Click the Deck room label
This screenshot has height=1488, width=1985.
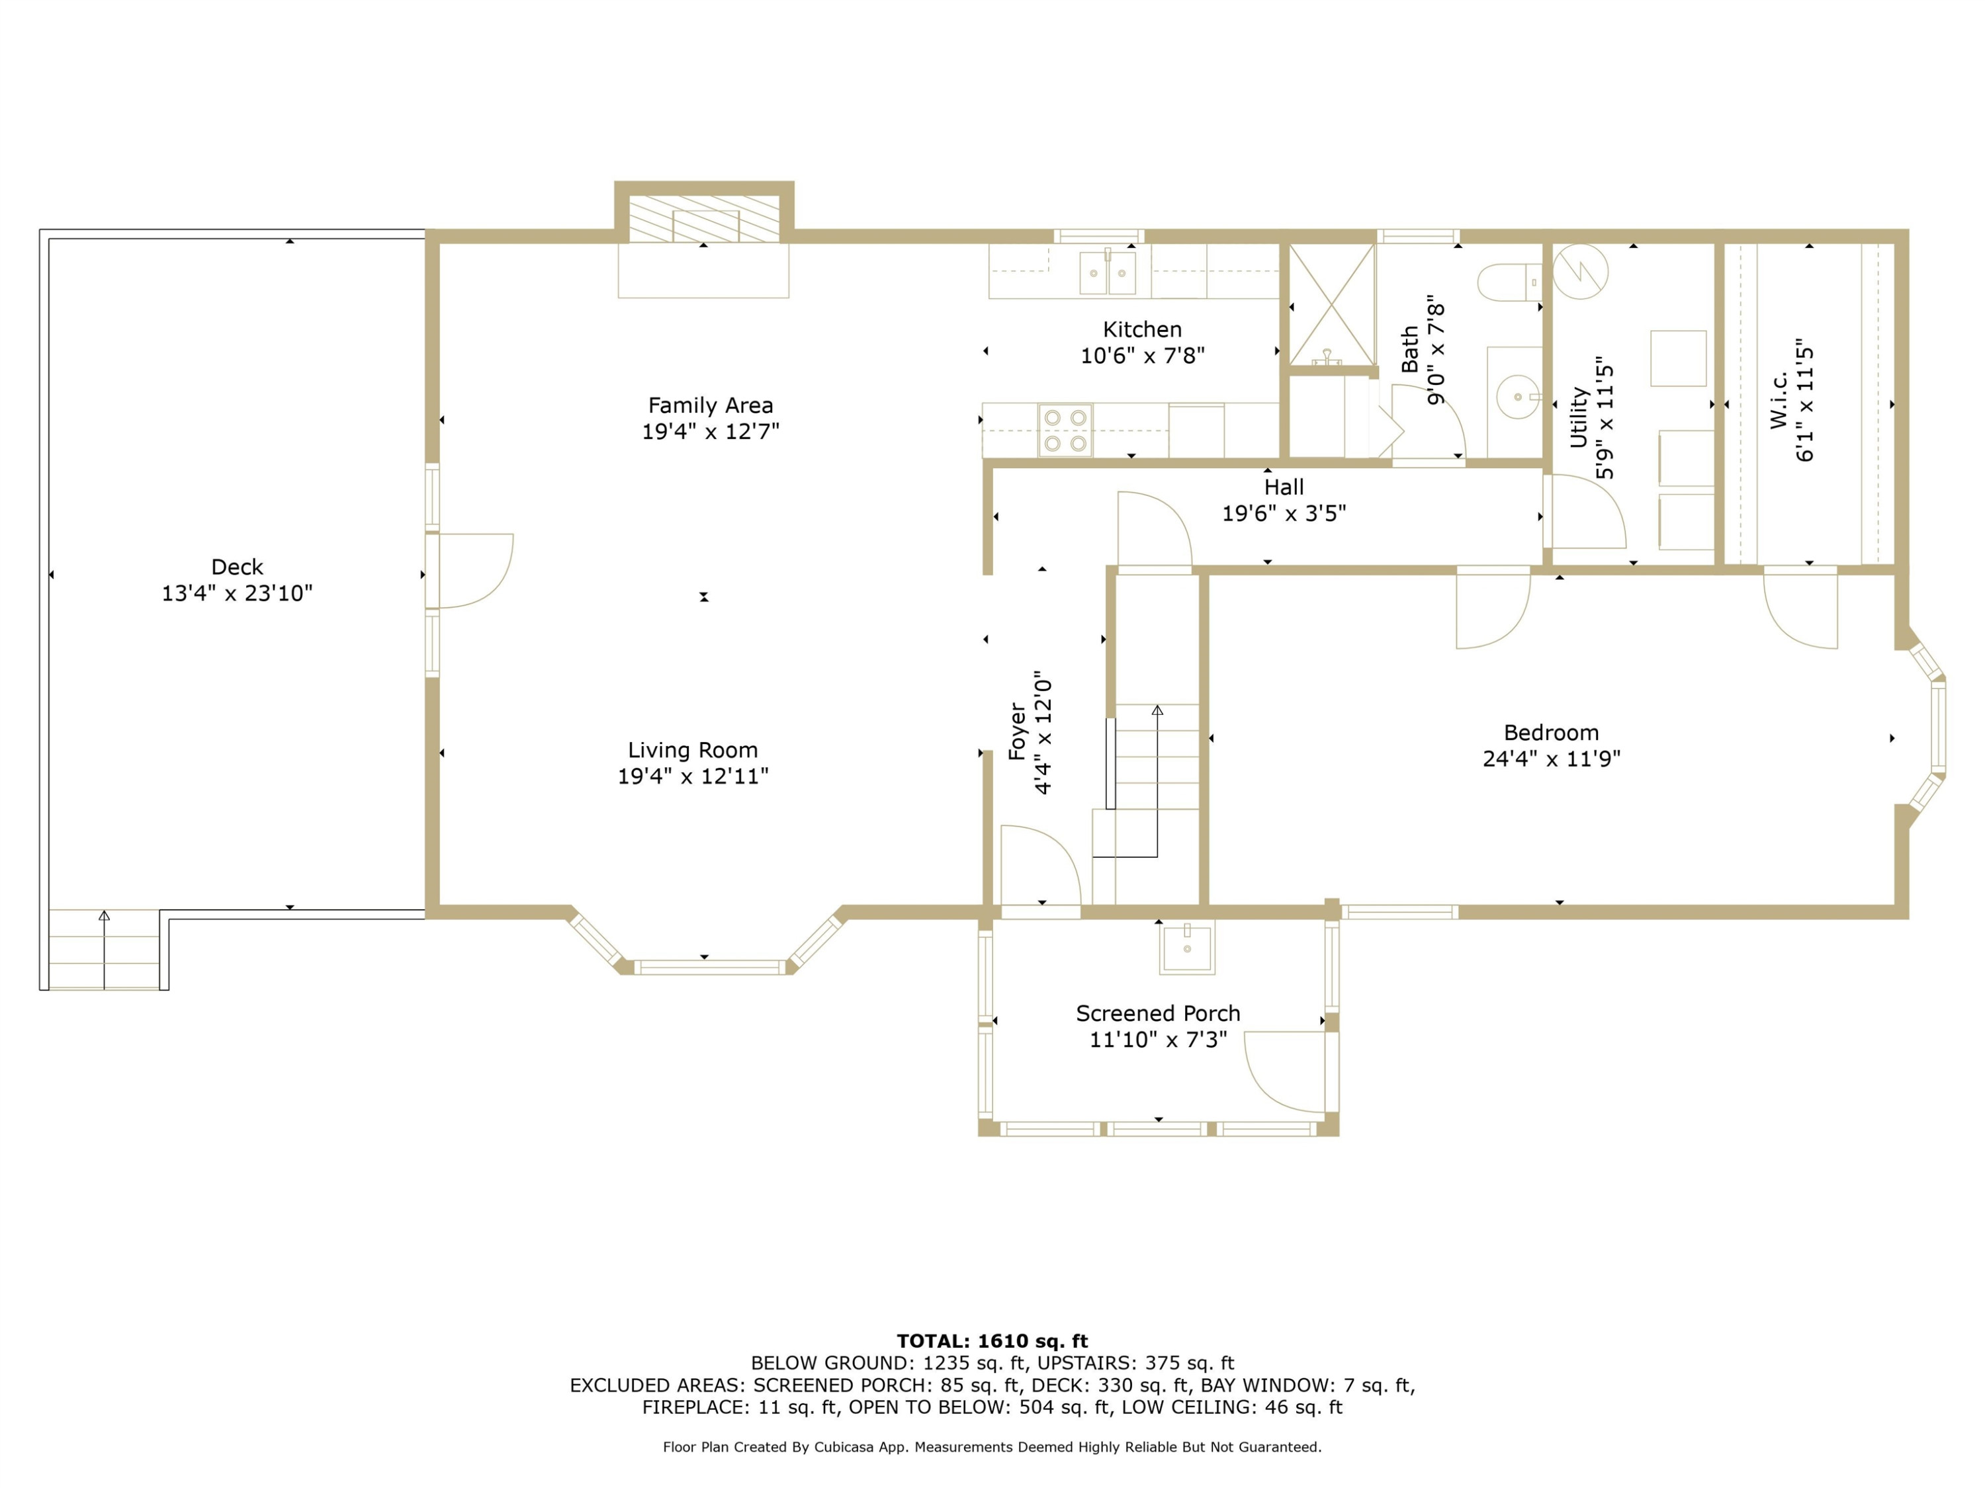[x=237, y=567]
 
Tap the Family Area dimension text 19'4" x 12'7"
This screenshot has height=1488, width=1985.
[x=711, y=431]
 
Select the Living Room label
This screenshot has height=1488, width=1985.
[x=693, y=750]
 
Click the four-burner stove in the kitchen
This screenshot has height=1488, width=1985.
[x=1065, y=431]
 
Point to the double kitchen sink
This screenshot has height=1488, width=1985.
[x=1108, y=272]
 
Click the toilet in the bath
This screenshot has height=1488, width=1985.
[x=1509, y=282]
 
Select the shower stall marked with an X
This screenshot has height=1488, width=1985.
[x=1333, y=304]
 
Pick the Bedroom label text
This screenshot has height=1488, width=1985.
[x=1552, y=733]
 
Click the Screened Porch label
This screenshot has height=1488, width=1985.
[x=1159, y=1014]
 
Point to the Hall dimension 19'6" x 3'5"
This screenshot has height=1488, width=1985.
[x=1284, y=514]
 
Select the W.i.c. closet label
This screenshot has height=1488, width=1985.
[x=1779, y=400]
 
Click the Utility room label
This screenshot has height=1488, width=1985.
[x=1579, y=417]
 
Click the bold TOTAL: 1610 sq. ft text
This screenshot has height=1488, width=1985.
[x=992, y=1341]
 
